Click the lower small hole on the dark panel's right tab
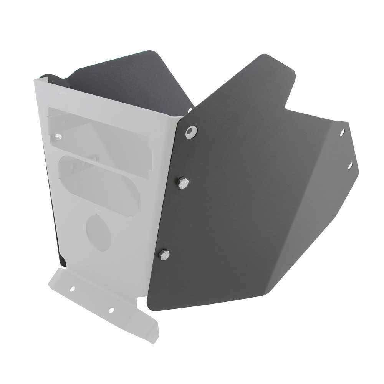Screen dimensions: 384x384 [x=350, y=166]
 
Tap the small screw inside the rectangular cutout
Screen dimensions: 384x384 [x=58, y=136]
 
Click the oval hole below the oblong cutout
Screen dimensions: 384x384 [x=98, y=232]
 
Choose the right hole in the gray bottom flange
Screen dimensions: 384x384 [x=111, y=310]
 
